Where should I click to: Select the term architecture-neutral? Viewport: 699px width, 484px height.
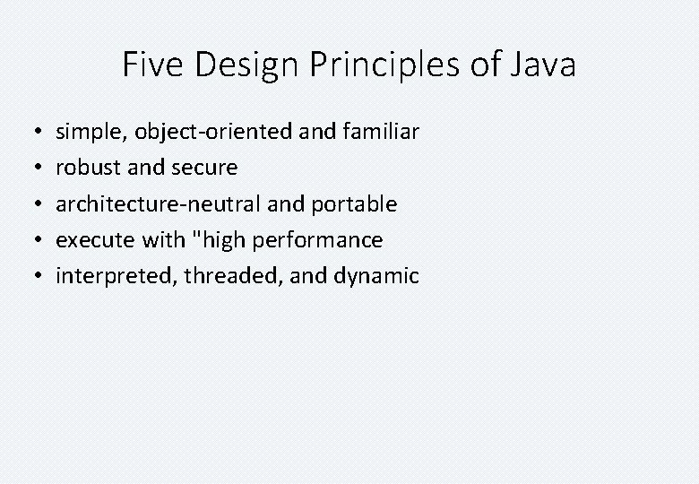(x=159, y=204)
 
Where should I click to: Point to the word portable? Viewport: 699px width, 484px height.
(x=354, y=204)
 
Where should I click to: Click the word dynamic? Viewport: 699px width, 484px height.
(x=375, y=276)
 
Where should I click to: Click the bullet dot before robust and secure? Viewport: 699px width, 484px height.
(x=32, y=169)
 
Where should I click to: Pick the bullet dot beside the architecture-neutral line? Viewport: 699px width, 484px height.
(x=32, y=204)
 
